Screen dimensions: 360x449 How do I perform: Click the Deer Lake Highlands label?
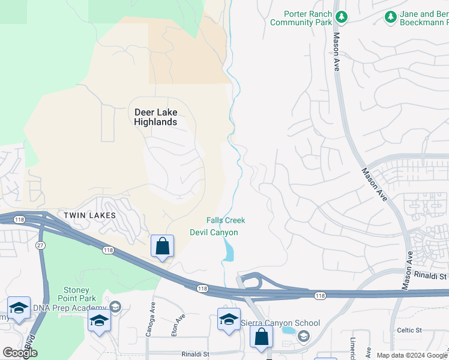click(x=155, y=117)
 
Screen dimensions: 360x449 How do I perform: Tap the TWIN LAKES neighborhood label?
click(x=89, y=214)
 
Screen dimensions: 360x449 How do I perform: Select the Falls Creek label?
click(x=226, y=220)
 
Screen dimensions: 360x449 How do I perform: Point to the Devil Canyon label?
click(x=214, y=232)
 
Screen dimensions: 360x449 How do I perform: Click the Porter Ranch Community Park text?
click(x=301, y=18)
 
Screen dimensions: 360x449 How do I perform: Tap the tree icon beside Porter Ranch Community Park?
click(x=342, y=17)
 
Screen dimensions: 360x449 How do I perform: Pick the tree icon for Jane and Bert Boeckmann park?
click(x=391, y=17)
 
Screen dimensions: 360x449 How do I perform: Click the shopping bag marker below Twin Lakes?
click(x=162, y=246)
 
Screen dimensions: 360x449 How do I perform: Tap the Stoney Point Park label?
click(x=77, y=294)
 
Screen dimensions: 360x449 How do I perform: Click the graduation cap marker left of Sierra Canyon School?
click(x=229, y=319)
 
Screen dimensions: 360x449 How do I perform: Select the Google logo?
click(x=20, y=353)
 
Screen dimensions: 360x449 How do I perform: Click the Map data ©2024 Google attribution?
click(x=412, y=355)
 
